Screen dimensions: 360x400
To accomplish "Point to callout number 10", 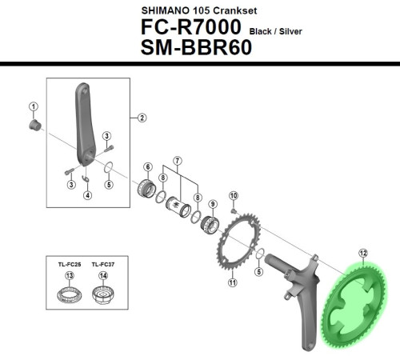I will pyautogui.click(x=234, y=195).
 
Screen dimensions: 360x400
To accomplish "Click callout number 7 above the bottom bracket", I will pyautogui.click(x=177, y=161).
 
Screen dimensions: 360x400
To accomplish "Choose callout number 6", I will pyautogui.click(x=147, y=166).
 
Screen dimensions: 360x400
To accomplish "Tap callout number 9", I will pyautogui.click(x=213, y=193).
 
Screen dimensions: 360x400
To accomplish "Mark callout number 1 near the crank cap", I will pyautogui.click(x=33, y=106).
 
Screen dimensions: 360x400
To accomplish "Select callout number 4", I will pyautogui.click(x=87, y=194).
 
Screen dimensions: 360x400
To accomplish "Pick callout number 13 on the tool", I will pyautogui.click(x=70, y=276).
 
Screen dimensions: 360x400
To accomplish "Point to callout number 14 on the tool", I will pyautogui.click(x=103, y=276).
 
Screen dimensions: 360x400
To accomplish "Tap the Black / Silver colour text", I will pyautogui.click(x=280, y=30).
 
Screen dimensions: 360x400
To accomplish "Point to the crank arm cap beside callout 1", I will pyautogui.click(x=35, y=126).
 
